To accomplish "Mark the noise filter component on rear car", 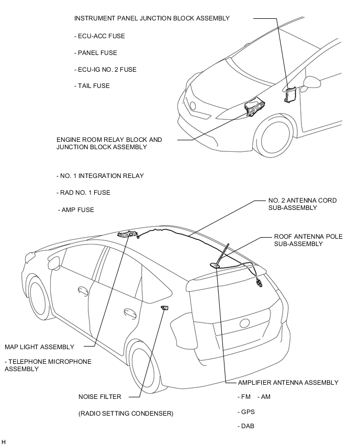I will pyautogui.click(x=165, y=307).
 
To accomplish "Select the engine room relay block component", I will pyautogui.click(x=254, y=108).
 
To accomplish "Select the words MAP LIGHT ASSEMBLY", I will pyautogui.click(x=39, y=347).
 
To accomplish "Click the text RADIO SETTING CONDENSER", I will pyautogui.click(x=126, y=414).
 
